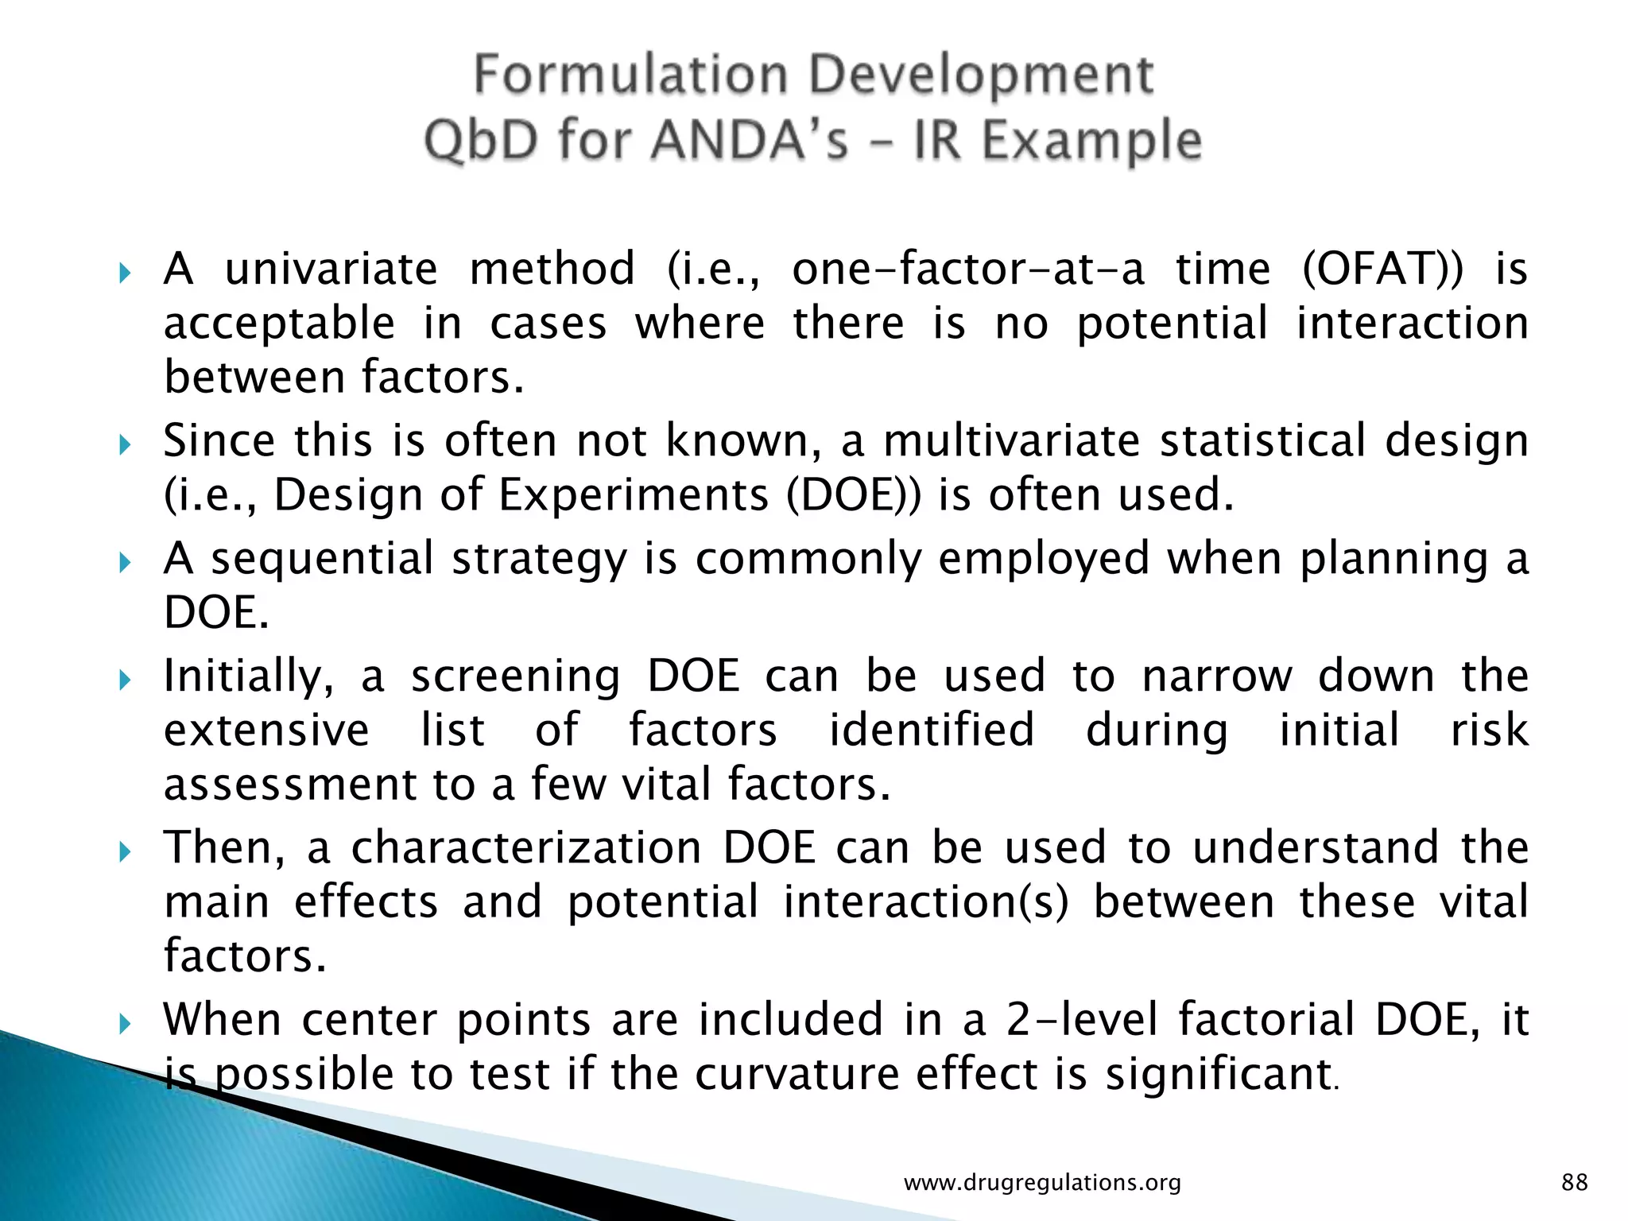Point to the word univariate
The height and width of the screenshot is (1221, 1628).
tap(331, 269)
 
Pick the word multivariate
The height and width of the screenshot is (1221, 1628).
tap(1012, 440)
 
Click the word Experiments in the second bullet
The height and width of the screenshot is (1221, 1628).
tap(634, 495)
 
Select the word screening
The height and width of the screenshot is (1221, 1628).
tap(515, 676)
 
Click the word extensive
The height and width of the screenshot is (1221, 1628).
tap(267, 730)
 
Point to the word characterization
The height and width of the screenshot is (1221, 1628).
tap(526, 847)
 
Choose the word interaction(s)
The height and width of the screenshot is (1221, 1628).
tap(926, 902)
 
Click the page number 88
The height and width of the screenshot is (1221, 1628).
tap(1575, 1182)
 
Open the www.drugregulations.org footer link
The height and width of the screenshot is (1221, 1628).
tap(1042, 1183)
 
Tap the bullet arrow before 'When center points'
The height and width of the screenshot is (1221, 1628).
tap(125, 1024)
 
